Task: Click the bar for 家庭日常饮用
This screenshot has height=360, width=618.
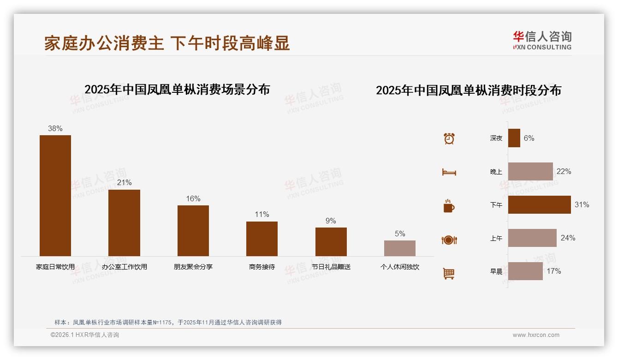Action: [x=55, y=195]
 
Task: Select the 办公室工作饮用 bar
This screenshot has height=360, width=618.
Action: [x=124, y=222]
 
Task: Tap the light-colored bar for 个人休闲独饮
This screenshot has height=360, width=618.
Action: [x=400, y=248]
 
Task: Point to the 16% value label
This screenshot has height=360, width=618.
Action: [x=193, y=199]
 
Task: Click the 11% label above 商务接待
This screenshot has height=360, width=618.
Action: [x=262, y=215]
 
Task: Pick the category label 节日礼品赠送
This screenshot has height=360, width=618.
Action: [x=331, y=267]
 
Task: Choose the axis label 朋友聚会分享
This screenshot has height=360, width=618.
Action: [x=193, y=267]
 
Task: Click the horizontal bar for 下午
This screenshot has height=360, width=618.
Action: [x=539, y=204]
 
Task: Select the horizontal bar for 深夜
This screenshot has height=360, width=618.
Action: [x=514, y=138]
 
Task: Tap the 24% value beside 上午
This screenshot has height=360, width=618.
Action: [x=568, y=238]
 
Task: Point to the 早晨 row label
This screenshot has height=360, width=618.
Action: [x=496, y=271]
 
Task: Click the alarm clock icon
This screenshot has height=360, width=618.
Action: [x=449, y=138]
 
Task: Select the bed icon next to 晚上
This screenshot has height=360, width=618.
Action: [x=449, y=172]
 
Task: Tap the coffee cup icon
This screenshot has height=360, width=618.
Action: [x=449, y=206]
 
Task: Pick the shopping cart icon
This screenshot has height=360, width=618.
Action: [x=449, y=273]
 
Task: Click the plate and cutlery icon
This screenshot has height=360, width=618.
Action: [x=449, y=240]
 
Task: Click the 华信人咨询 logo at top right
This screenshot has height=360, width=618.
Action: [x=542, y=40]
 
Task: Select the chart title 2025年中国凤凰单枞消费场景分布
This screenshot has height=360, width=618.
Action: [x=177, y=90]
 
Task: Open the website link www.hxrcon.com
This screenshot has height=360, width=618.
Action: [x=536, y=335]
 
